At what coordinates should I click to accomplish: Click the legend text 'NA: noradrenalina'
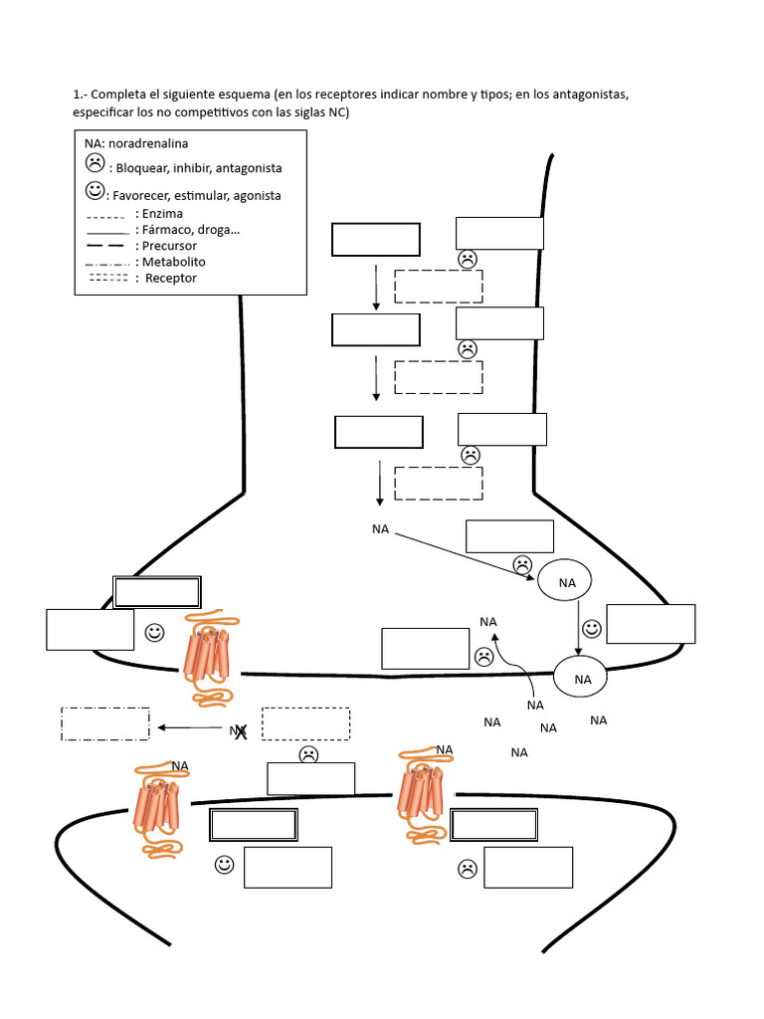click(136, 144)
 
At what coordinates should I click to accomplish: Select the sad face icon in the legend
click(95, 163)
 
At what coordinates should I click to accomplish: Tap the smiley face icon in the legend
click(95, 190)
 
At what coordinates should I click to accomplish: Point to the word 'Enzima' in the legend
click(162, 214)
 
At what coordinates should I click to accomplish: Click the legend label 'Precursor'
click(169, 246)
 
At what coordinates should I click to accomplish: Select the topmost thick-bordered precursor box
click(376, 240)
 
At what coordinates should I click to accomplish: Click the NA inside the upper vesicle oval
click(565, 582)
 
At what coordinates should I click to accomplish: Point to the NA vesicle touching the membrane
click(583, 679)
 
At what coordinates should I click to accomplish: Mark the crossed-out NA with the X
click(239, 731)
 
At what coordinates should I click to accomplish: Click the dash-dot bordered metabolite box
click(105, 723)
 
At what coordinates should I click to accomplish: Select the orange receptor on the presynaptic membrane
click(207, 660)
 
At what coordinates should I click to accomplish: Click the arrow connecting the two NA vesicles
click(580, 628)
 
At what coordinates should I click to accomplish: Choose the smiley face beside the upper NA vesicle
click(592, 629)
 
